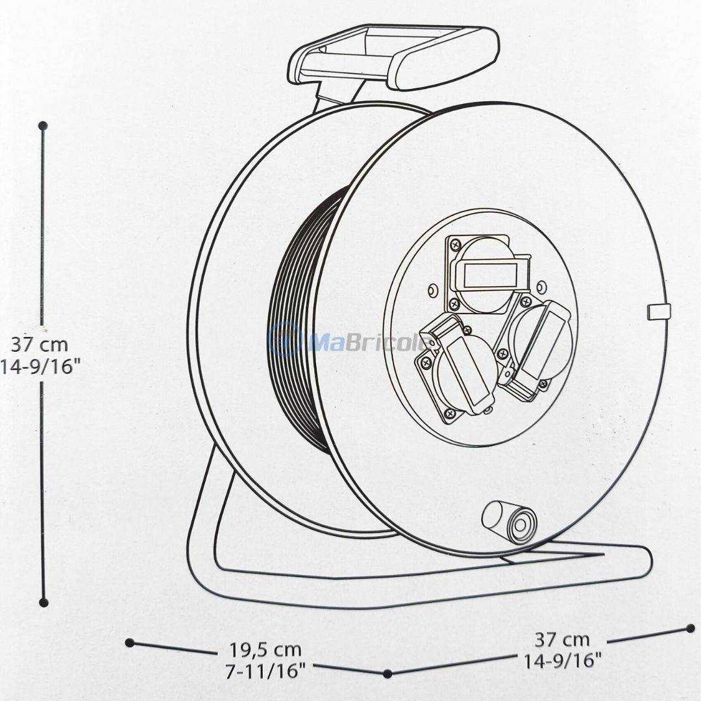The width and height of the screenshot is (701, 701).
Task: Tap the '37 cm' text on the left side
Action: (x=39, y=344)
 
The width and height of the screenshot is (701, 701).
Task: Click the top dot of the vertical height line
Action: (x=43, y=125)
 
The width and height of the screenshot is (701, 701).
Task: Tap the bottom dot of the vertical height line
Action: (x=43, y=602)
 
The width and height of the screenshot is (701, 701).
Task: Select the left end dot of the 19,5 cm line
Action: (x=130, y=643)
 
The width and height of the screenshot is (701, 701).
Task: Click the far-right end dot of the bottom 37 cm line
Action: (x=690, y=628)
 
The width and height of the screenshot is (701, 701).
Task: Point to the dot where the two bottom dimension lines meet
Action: (x=387, y=674)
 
